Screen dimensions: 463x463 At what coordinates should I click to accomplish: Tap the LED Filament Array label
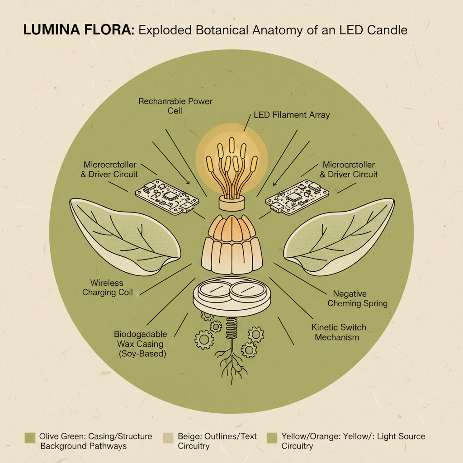(x=292, y=115)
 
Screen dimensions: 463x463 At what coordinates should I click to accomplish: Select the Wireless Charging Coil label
(x=108, y=288)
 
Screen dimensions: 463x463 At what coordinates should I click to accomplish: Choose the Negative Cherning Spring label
(x=357, y=298)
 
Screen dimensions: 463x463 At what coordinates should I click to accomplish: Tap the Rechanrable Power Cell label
(x=175, y=105)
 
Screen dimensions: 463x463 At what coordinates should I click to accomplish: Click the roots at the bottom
(x=231, y=362)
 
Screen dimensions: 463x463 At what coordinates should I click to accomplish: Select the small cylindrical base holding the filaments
(x=231, y=202)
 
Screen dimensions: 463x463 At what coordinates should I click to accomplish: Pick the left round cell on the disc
(x=214, y=291)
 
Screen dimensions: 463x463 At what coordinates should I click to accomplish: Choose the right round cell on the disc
(x=249, y=291)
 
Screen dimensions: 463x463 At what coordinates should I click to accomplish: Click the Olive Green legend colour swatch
(x=30, y=437)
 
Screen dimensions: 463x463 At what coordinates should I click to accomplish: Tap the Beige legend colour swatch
(x=168, y=437)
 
